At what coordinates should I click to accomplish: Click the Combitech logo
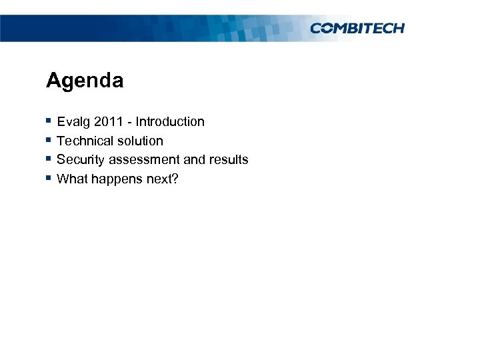coord(357,28)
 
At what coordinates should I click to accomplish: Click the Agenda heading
coord(85,81)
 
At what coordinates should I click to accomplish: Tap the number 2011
coord(109,122)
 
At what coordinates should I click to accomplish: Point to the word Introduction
coord(170,122)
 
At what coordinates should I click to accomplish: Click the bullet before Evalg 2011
coord(49,121)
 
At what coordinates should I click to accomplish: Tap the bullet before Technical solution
coord(49,140)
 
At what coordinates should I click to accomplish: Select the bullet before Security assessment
coord(49,159)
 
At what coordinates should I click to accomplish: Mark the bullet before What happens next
coord(49,178)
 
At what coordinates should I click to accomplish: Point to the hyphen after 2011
coord(131,123)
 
